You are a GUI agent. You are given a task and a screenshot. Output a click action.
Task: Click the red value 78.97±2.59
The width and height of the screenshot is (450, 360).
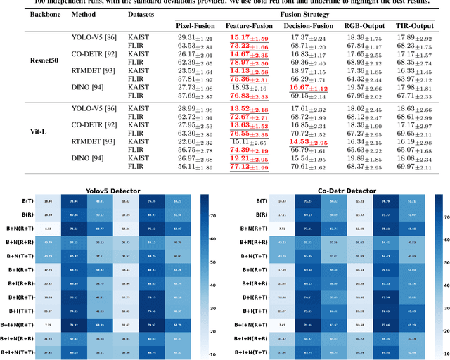247,62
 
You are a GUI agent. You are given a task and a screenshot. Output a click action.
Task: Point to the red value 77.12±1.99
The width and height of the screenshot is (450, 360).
247,166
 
